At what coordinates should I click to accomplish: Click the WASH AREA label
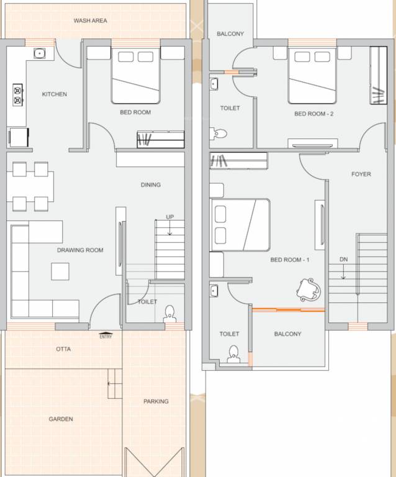click(90, 20)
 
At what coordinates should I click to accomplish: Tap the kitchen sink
click(40, 53)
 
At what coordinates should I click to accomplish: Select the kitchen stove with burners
click(17, 94)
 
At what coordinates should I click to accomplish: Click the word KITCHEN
click(54, 94)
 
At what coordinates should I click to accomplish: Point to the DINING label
click(150, 184)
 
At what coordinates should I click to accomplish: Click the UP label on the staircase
click(169, 217)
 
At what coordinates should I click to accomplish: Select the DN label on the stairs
click(343, 259)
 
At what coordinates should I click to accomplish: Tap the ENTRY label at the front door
click(106, 337)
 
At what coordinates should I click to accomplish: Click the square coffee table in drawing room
click(60, 271)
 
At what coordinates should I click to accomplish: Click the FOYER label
click(361, 174)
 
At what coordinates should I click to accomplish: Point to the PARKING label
click(156, 401)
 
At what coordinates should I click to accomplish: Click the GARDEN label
click(61, 419)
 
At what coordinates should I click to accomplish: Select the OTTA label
click(63, 349)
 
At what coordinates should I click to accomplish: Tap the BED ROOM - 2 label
click(313, 114)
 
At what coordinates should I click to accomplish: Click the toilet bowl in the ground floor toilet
click(169, 316)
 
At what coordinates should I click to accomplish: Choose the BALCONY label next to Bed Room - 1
click(287, 334)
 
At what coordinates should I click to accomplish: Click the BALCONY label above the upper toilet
click(230, 34)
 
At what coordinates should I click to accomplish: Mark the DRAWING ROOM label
click(80, 250)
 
